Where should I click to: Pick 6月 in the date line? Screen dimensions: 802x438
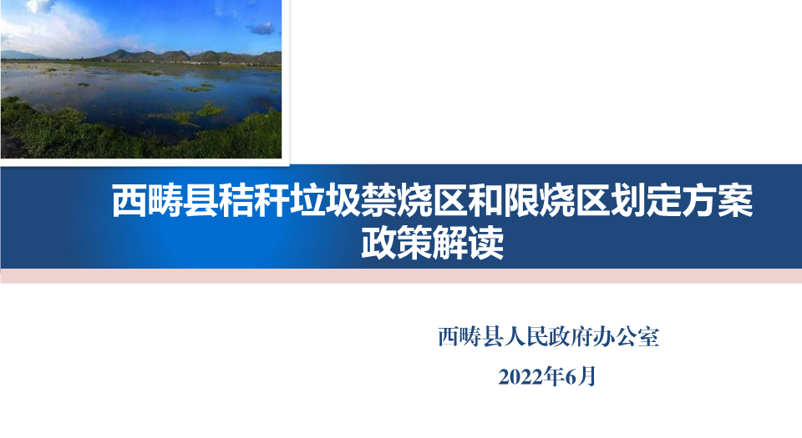coord(581,377)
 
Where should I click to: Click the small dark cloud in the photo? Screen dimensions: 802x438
coord(262,28)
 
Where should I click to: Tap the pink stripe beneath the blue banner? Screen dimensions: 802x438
coord(401,275)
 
